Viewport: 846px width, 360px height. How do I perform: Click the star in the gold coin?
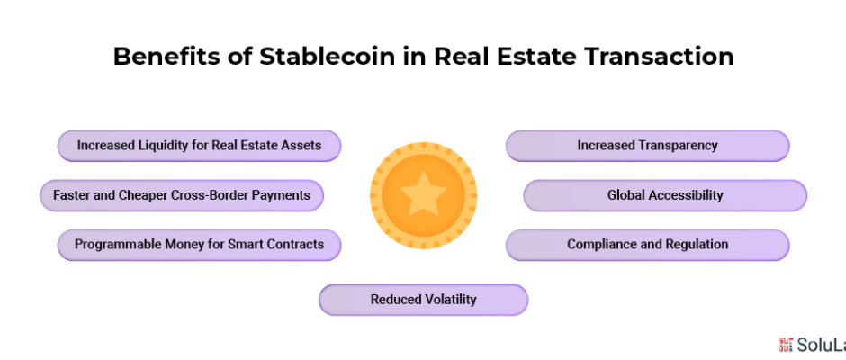(424, 193)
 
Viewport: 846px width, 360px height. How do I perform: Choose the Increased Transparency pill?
(647, 146)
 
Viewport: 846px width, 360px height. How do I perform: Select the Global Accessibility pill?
(665, 195)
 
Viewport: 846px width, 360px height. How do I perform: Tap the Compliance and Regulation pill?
(647, 245)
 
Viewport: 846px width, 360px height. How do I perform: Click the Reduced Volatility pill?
(424, 300)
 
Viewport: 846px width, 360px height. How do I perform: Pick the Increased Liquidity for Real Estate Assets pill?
(200, 146)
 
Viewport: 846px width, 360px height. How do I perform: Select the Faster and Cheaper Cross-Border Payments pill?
(182, 195)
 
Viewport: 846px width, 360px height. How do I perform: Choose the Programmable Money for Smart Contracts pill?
(200, 245)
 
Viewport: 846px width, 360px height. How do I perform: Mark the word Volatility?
(451, 299)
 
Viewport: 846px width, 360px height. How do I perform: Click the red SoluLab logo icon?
(786, 346)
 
